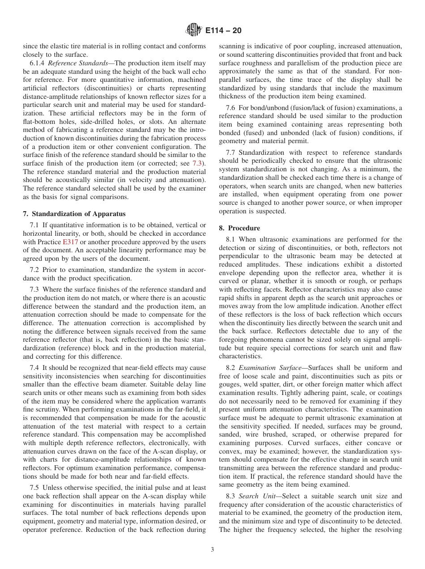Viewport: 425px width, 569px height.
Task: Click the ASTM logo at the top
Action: point(193,30)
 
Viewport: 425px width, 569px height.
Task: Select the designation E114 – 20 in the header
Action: point(222,31)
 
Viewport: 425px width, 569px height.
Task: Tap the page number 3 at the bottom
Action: point(212,550)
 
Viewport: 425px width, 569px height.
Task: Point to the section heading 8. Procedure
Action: point(239,228)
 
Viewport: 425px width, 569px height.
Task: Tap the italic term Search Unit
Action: point(254,496)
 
